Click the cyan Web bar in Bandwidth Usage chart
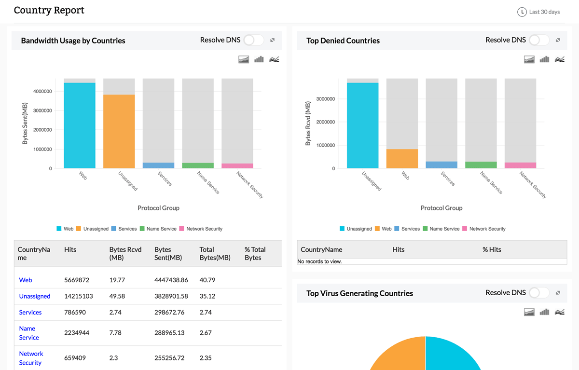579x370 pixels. pos(80,125)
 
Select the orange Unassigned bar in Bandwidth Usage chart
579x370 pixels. pos(119,131)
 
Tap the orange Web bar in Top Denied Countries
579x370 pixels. pos(402,159)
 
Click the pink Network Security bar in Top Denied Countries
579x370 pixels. pos(520,165)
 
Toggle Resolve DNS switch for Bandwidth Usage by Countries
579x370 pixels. pos(253,40)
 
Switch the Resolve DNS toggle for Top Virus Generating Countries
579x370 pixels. pos(539,293)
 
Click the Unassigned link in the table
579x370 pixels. pos(35,296)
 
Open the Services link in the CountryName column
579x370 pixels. pos(30,312)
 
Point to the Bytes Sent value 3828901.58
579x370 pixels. pos(171,296)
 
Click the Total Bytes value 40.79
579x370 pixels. pos(207,280)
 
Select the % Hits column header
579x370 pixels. pos(492,249)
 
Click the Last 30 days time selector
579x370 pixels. pos(539,12)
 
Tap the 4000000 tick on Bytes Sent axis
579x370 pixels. pos(43,92)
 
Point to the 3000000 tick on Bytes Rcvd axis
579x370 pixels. pos(326,99)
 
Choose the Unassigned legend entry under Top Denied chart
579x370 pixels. pos(356,229)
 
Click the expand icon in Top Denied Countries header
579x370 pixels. pos(558,40)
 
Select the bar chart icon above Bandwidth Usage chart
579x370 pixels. pos(259,59)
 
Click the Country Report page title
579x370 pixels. pos(49,10)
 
